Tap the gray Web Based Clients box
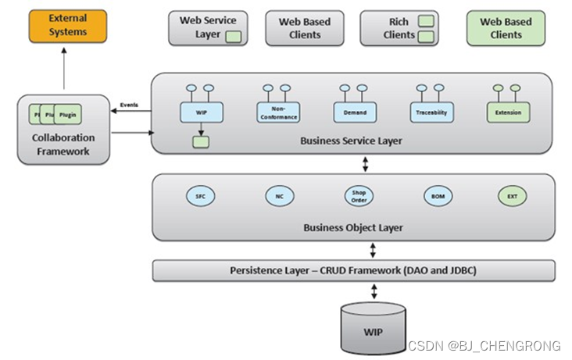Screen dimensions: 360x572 (304, 28)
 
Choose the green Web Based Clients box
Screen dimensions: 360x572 (506, 28)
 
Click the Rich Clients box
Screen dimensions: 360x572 (399, 28)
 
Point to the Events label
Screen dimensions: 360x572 (130, 105)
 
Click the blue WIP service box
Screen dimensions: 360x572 (202, 112)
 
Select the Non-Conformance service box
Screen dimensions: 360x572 (278, 112)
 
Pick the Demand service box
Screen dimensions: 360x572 (355, 112)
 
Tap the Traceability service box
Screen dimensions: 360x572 (431, 112)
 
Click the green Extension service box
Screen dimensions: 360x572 (508, 112)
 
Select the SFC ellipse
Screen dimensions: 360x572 (200, 195)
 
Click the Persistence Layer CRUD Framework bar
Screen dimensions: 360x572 (353, 270)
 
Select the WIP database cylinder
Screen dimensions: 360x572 (374, 328)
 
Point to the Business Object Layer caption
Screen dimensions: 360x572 (353, 228)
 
